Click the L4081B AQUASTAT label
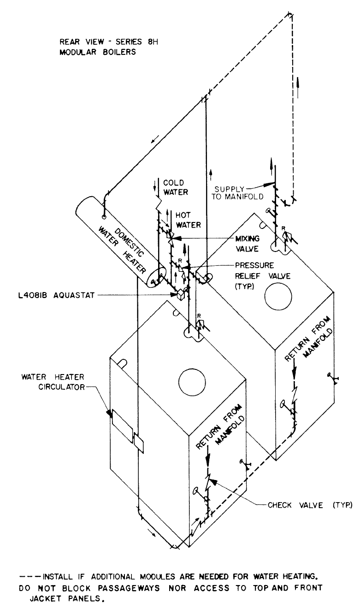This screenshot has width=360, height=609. coord(56,295)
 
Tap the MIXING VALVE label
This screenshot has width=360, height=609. coord(248,244)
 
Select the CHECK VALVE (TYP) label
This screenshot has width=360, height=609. coord(310,505)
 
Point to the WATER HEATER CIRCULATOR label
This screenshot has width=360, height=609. coord(53,382)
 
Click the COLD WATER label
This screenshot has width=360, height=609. coord(176,187)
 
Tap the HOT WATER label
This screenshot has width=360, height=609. coord(188,220)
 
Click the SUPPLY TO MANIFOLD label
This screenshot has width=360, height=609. coord(237,193)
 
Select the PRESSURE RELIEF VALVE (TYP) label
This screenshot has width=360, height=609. coord(263,275)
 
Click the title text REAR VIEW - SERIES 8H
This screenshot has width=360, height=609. coord(109,42)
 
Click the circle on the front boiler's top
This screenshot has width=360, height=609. coord(192,383)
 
